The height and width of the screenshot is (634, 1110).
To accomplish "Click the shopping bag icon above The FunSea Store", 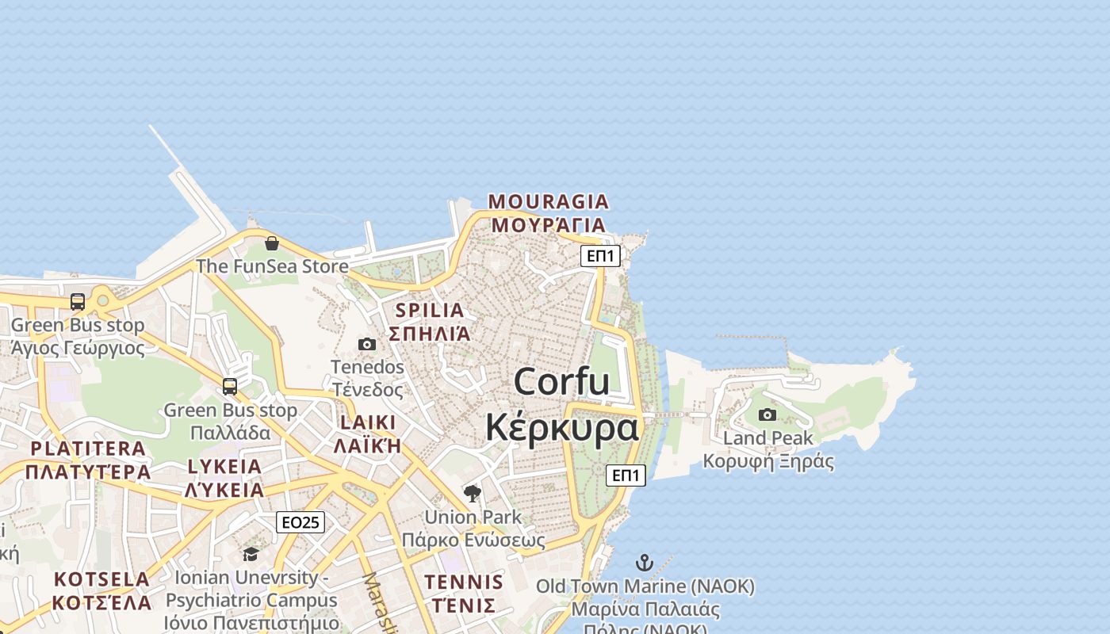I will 272,243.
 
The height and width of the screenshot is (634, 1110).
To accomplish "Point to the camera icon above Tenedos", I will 367,344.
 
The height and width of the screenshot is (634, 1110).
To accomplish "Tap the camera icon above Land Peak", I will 767,414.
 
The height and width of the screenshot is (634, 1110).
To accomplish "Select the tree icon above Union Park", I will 473,494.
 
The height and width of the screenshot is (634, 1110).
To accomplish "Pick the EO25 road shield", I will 300,522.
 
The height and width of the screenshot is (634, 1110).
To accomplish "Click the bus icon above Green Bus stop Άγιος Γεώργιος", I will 78,302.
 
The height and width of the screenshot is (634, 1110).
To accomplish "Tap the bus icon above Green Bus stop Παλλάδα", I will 230,387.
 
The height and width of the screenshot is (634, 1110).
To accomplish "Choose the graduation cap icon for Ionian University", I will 251,554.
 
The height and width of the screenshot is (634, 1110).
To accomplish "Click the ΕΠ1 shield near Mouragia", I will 600,256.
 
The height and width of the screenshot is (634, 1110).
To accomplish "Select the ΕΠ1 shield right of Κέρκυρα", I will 626,475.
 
